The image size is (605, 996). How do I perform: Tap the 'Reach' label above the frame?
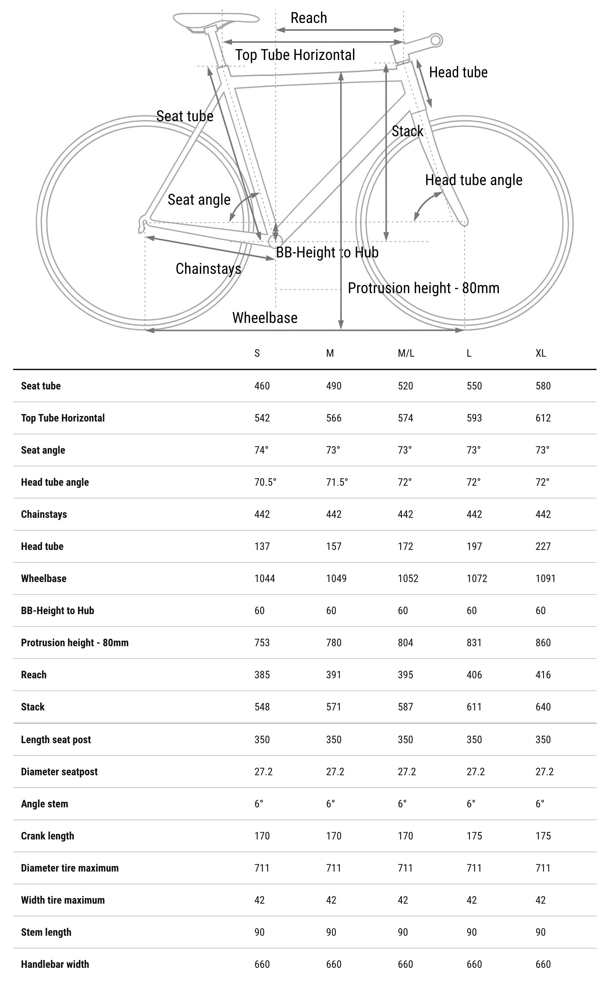[x=309, y=18]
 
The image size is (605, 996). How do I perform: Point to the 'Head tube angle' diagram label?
[x=473, y=180]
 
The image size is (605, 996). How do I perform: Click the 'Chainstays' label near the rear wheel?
[x=208, y=269]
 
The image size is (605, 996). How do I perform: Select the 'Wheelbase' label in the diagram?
[x=264, y=318]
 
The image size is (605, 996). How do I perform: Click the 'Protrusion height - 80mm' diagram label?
[x=423, y=288]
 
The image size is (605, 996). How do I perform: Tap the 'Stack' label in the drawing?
[x=407, y=131]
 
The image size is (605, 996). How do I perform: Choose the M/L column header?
[x=406, y=353]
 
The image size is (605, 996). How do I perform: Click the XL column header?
[x=540, y=353]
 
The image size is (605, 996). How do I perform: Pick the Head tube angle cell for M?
[x=337, y=482]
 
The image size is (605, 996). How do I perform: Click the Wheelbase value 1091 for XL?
[x=545, y=578]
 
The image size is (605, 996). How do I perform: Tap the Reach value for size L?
[x=474, y=675]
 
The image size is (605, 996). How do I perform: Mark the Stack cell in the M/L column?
[x=405, y=707]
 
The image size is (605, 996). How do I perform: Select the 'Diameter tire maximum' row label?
[x=69, y=868]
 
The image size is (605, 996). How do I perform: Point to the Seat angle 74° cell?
[x=261, y=450]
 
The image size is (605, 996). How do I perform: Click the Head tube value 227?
[x=543, y=547]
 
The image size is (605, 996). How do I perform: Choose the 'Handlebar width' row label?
[x=55, y=964]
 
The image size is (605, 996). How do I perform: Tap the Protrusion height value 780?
[x=334, y=643]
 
